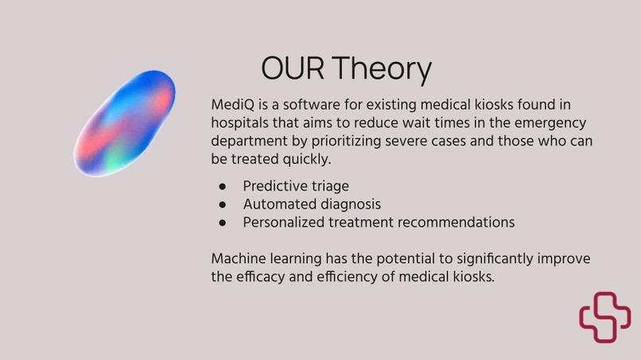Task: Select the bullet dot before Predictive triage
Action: pyautogui.click(x=223, y=187)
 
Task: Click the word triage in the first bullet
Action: pyautogui.click(x=328, y=187)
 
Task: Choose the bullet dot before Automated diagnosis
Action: pyautogui.click(x=223, y=204)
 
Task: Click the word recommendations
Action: pyautogui.click(x=452, y=223)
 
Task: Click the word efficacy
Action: pyautogui.click(x=266, y=277)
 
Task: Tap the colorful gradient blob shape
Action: pyautogui.click(x=125, y=123)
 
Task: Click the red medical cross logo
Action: pyautogui.click(x=604, y=317)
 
